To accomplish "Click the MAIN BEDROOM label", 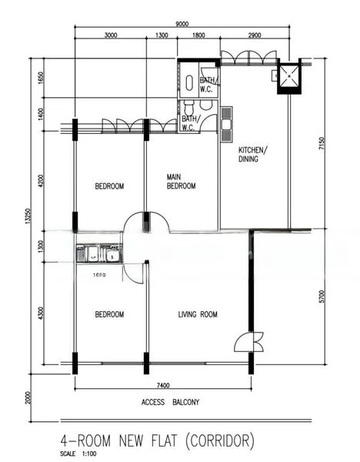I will click(182, 182).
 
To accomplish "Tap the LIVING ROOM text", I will click(198, 314).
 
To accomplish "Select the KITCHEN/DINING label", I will click(252, 154).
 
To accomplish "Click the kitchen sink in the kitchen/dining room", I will click(226, 126).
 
